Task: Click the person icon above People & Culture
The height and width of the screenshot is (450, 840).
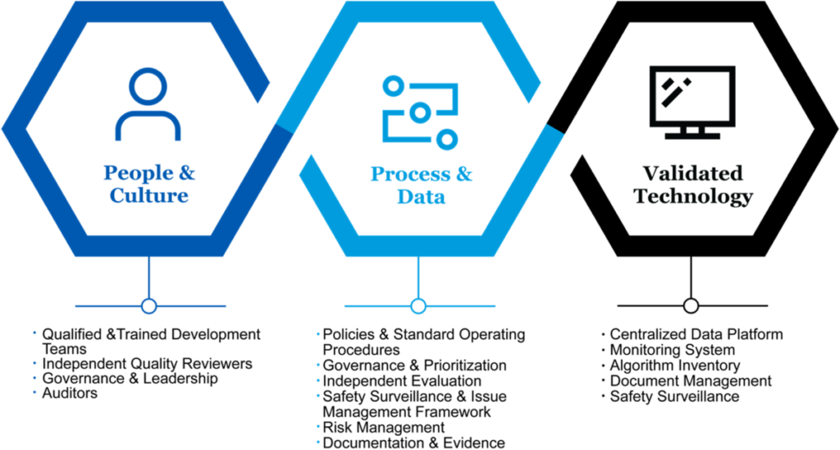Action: tap(148, 104)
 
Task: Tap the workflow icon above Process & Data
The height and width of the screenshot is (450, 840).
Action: tap(418, 112)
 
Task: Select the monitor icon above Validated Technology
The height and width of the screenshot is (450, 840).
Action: tap(692, 102)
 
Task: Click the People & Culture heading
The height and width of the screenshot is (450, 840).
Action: tap(149, 184)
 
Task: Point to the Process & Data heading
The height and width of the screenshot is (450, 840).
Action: tap(422, 185)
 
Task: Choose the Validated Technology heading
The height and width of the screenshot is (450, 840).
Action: tap(693, 185)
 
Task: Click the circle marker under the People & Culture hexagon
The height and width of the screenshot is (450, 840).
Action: tap(148, 306)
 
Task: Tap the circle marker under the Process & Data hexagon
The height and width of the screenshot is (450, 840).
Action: tap(418, 306)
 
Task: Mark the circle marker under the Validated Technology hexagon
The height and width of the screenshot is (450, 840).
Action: tap(691, 306)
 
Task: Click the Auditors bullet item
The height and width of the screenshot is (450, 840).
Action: tap(70, 393)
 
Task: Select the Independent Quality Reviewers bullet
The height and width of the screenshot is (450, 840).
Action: tap(147, 364)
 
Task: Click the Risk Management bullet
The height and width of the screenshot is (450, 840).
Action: tap(383, 428)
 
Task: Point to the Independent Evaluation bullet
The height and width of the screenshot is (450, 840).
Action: tap(402, 381)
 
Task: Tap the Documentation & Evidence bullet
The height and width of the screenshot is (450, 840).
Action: tap(413, 443)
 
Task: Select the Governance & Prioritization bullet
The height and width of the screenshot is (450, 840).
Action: tap(414, 365)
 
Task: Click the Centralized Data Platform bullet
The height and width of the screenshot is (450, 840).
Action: tap(696, 334)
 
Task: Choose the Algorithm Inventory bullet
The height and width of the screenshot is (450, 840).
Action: tap(674, 365)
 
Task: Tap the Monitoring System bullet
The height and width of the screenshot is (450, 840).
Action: tap(672, 350)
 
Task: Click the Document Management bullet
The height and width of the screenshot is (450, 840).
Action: tap(690, 381)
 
